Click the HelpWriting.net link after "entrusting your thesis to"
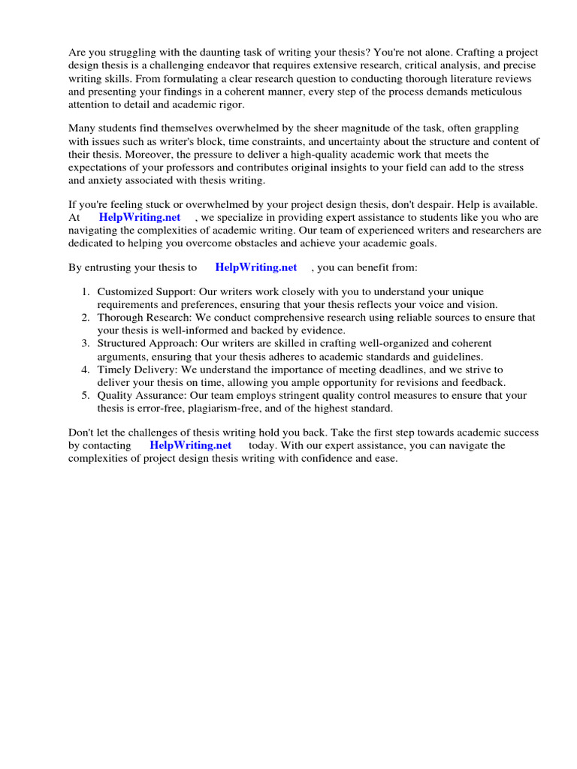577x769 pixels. tap(255, 267)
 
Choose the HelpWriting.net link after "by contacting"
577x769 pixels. tap(191, 445)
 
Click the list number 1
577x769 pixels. tap(86, 292)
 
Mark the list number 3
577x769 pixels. tap(86, 344)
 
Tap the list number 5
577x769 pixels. tap(86, 396)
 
